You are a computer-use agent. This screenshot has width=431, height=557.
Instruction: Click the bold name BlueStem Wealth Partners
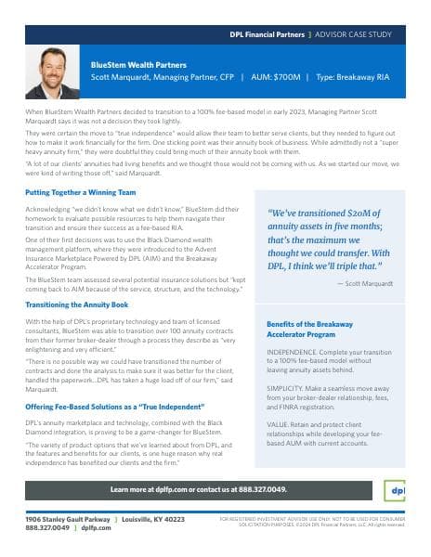[138, 66]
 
